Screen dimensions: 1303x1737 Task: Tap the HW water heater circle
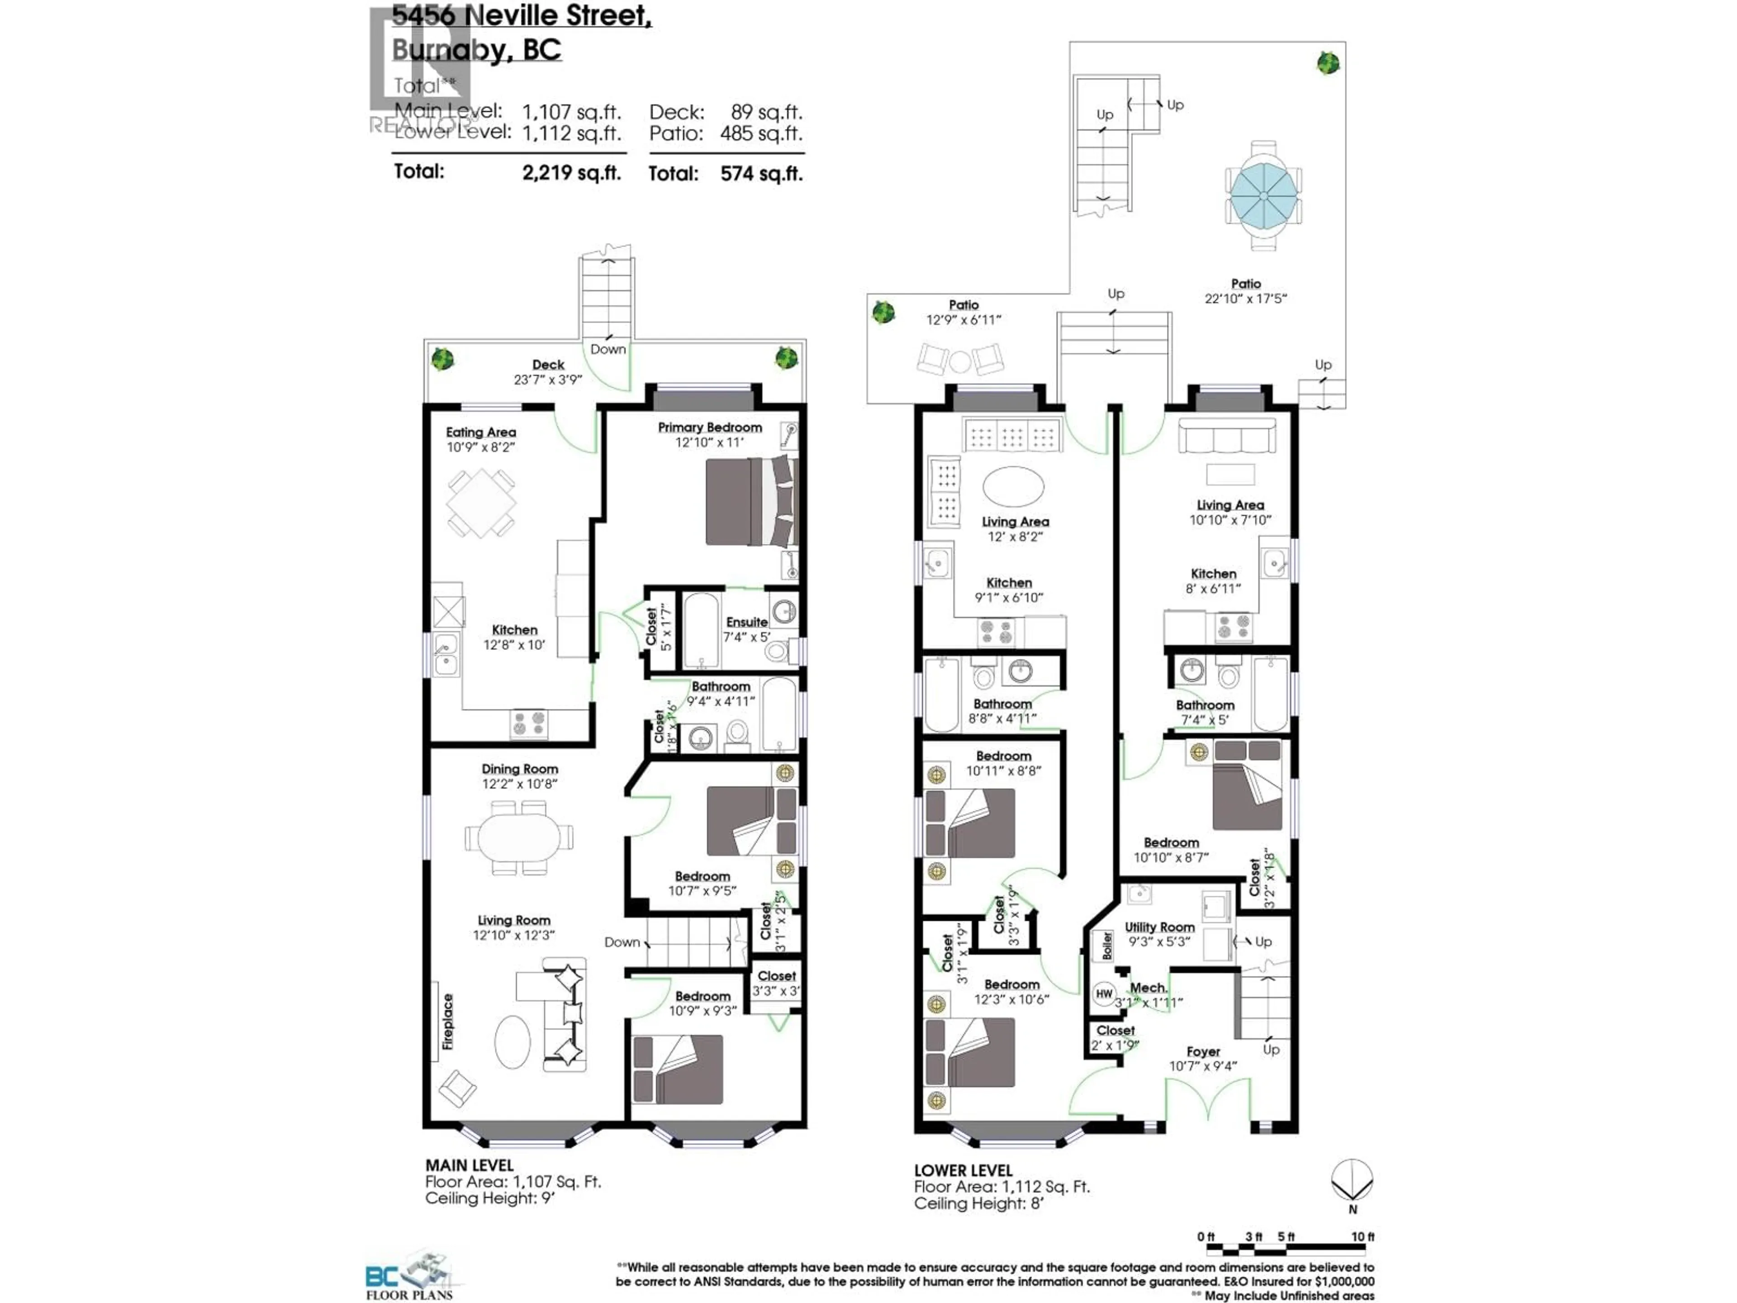pos(1104,994)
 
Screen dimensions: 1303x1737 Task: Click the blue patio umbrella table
pos(1262,195)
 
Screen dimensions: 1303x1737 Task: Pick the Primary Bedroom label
pos(710,427)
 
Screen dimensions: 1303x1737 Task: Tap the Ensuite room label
pos(746,622)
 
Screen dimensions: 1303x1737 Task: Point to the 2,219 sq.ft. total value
pos(571,173)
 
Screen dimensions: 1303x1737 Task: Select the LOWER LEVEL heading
pos(963,1170)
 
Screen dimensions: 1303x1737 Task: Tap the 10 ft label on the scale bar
pos(1362,1237)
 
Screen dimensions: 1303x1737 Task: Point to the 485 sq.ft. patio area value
pos(760,133)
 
